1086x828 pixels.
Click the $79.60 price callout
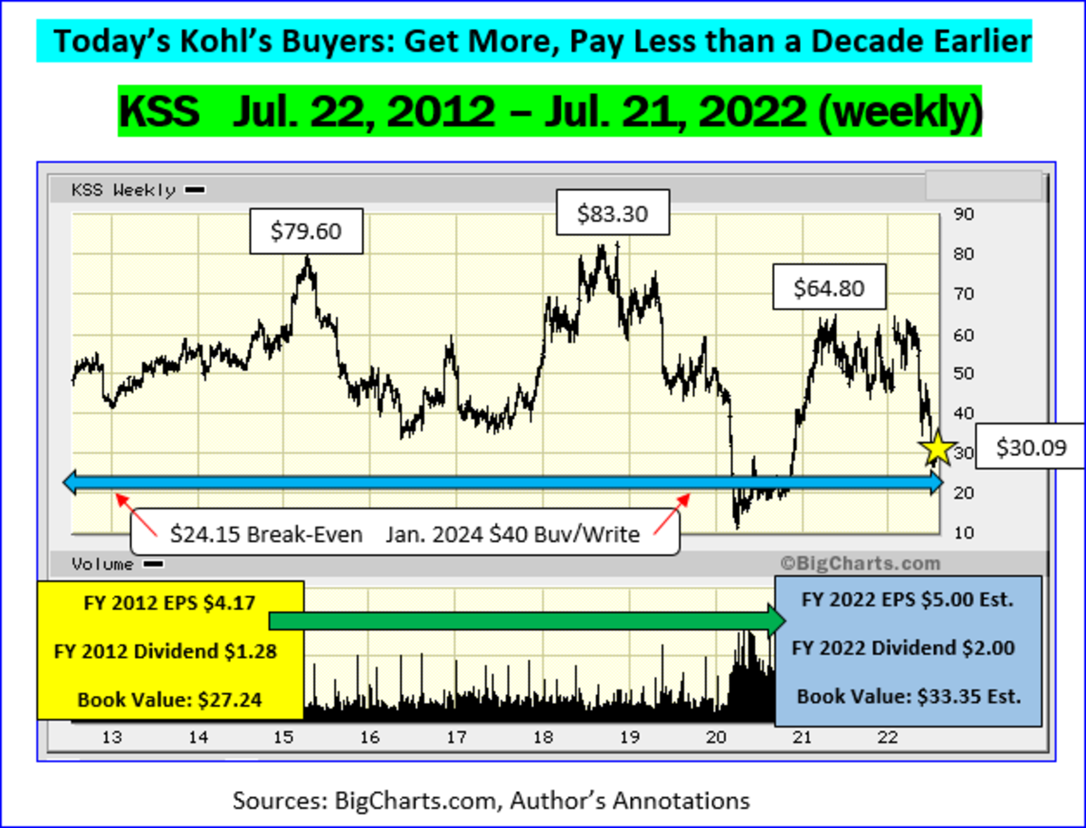coord(306,231)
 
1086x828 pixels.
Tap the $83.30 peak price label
coord(613,214)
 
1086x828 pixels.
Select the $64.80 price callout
coord(828,288)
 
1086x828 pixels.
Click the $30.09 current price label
coord(1031,447)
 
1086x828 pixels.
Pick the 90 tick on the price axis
coord(963,214)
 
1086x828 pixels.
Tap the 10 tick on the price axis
coord(963,533)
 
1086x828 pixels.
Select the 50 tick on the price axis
coord(963,374)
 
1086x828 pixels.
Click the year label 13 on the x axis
coord(111,737)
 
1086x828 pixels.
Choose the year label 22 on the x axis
coord(887,737)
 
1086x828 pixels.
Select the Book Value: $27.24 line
coord(170,699)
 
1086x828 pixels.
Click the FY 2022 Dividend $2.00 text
coord(902,648)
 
